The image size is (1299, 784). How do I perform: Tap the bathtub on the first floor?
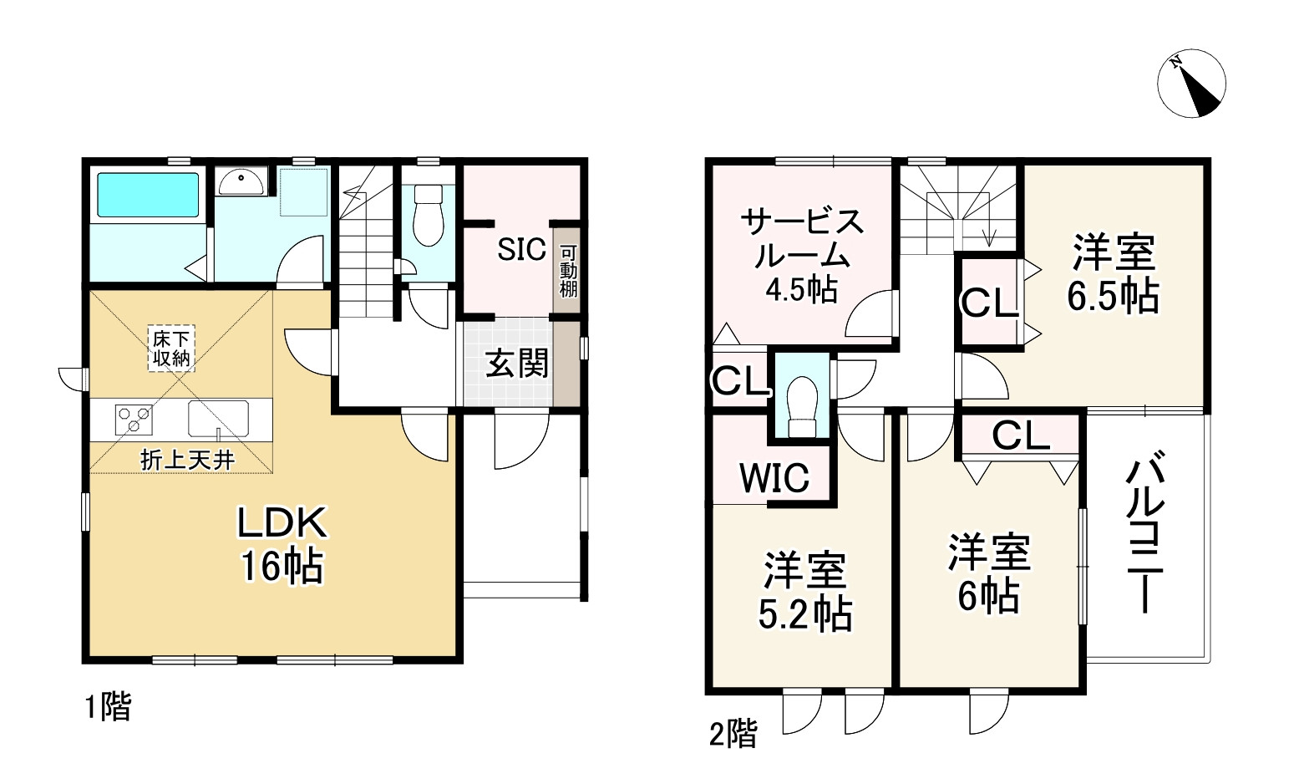[149, 195]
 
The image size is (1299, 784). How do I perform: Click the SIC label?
[521, 249]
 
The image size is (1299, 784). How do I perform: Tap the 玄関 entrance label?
[517, 364]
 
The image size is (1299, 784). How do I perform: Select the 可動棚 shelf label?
[568, 270]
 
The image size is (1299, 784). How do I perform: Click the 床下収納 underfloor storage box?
[171, 349]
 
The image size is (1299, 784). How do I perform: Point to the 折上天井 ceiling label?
[186, 460]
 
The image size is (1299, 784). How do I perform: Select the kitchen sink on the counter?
[218, 419]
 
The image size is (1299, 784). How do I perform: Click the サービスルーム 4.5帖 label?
[801, 255]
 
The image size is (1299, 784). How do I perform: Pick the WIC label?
[774, 478]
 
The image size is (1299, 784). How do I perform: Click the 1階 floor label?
[108, 708]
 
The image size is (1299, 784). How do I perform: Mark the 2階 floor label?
[733, 735]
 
